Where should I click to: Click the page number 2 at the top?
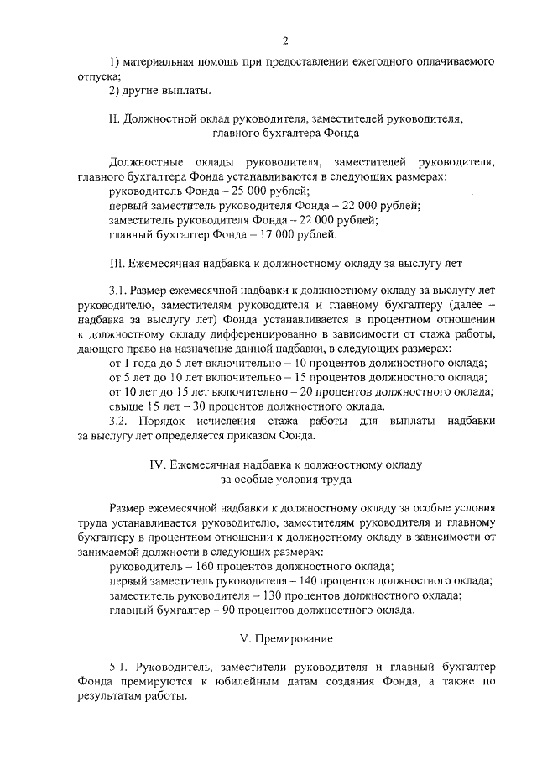coord(285,41)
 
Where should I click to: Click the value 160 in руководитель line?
coord(213,567)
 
